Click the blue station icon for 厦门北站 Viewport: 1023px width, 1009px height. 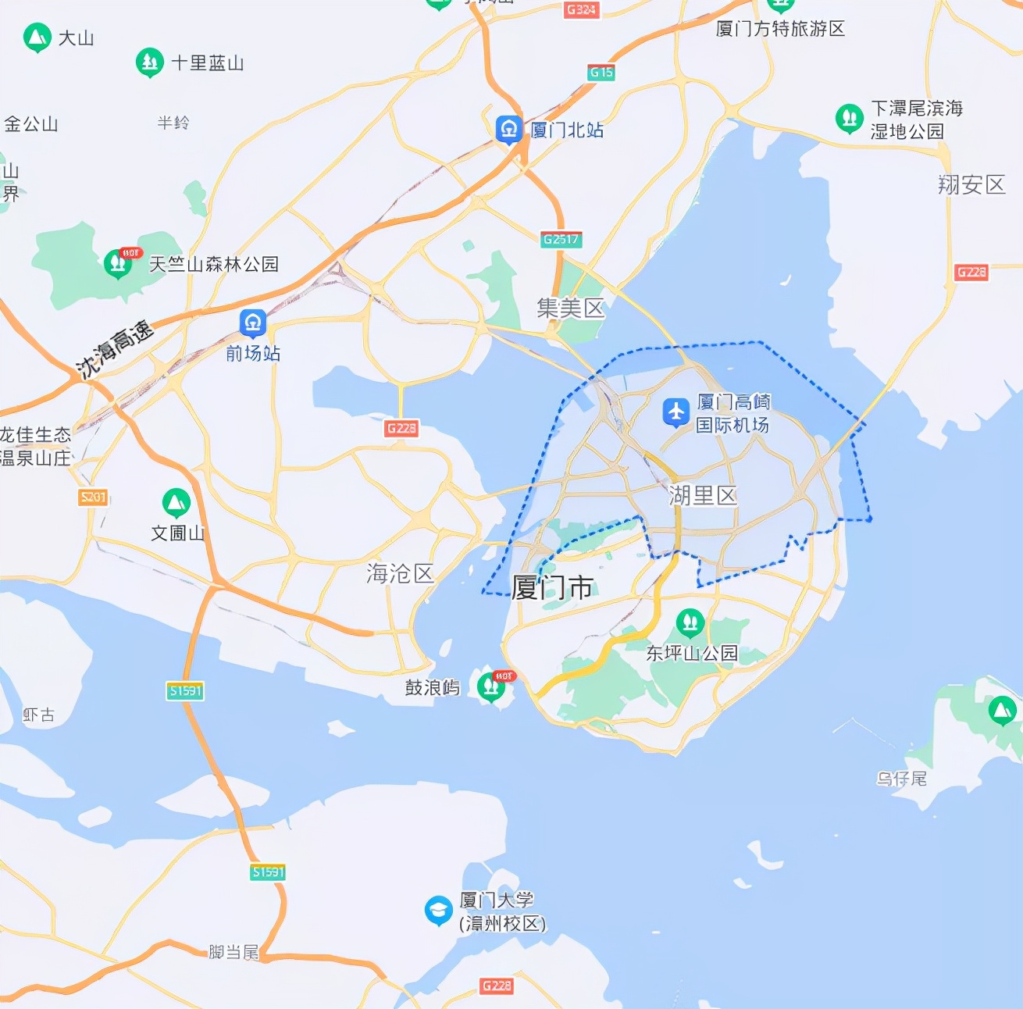pyautogui.click(x=509, y=129)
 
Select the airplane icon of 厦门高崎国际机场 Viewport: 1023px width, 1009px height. pyautogui.click(x=675, y=412)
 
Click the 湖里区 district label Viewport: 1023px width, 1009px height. pyautogui.click(x=703, y=495)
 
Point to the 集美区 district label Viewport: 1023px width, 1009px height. pyautogui.click(x=571, y=308)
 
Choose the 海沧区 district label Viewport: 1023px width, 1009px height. pyautogui.click(x=401, y=573)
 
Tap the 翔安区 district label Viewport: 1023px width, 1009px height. pyautogui.click(x=971, y=184)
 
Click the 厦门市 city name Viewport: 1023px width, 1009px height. pyautogui.click(x=553, y=587)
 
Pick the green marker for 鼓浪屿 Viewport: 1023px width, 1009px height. pyautogui.click(x=490, y=686)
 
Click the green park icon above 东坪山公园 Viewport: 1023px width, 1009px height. pyautogui.click(x=690, y=622)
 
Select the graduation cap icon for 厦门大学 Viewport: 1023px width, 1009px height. pyautogui.click(x=438, y=910)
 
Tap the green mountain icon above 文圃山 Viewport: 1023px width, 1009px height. pyautogui.click(x=176, y=502)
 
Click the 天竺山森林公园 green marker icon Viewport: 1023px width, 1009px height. pyautogui.click(x=118, y=263)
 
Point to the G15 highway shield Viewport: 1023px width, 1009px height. pyautogui.click(x=601, y=73)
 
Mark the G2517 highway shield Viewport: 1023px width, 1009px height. pyautogui.click(x=561, y=239)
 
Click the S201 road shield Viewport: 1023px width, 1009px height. pyautogui.click(x=93, y=497)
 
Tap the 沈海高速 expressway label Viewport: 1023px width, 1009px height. pyautogui.click(x=115, y=351)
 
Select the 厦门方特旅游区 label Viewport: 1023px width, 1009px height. pyautogui.click(x=780, y=29)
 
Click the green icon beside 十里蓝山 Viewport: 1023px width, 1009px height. pyautogui.click(x=149, y=62)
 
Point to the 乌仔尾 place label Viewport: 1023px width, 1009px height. pyautogui.click(x=901, y=779)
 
